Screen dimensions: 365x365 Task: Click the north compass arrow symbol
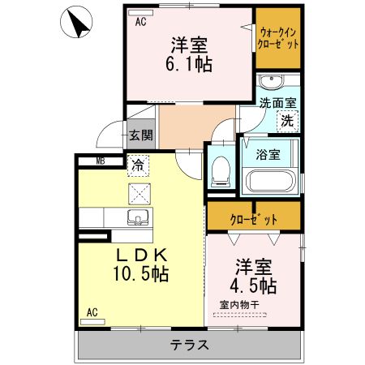click(78, 24)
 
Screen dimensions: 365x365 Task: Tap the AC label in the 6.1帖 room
click(140, 22)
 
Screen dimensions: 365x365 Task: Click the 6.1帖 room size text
click(191, 64)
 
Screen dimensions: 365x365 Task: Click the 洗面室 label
click(277, 104)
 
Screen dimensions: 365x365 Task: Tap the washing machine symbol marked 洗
click(287, 121)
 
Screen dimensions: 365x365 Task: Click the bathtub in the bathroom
click(270, 179)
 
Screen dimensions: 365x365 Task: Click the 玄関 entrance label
click(140, 135)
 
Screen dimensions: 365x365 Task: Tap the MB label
click(101, 161)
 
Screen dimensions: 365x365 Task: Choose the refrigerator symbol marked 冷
click(139, 165)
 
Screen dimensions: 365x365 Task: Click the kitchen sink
click(139, 217)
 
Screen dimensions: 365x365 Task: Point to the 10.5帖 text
click(140, 274)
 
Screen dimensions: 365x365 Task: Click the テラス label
click(189, 345)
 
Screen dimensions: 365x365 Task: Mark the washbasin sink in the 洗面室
click(271, 81)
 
